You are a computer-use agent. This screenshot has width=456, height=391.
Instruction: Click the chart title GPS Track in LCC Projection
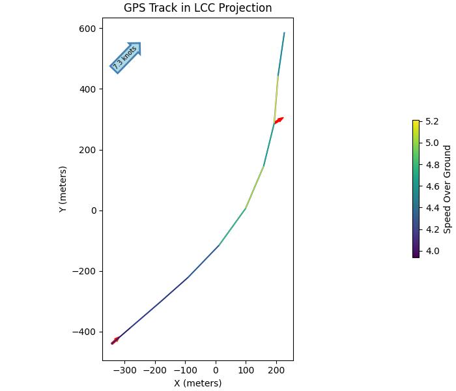[197, 8]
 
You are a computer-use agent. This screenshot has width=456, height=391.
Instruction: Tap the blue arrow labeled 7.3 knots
[126, 57]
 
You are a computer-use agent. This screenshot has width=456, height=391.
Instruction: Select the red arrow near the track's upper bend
[279, 121]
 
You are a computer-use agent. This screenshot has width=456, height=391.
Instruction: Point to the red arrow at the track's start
[115, 340]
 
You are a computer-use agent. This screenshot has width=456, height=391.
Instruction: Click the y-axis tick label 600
[88, 29]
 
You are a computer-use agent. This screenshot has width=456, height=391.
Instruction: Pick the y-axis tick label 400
[88, 89]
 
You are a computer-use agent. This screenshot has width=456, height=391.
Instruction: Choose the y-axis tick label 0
[94, 210]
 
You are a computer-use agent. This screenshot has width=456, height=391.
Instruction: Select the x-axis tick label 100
[246, 370]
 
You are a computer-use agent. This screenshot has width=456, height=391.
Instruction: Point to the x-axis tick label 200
[276, 370]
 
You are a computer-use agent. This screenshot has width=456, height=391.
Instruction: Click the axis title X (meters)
[197, 383]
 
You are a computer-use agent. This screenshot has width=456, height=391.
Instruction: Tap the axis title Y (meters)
[63, 189]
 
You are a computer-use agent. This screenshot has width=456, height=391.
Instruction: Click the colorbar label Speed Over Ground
[447, 189]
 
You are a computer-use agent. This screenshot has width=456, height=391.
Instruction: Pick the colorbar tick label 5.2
[432, 121]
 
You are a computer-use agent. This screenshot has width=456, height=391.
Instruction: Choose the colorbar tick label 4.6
[432, 186]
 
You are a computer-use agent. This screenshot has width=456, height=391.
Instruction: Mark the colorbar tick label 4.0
[432, 251]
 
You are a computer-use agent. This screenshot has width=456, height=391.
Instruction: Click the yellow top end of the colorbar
[416, 123]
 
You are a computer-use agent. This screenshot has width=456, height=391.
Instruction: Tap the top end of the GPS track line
[284, 33]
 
